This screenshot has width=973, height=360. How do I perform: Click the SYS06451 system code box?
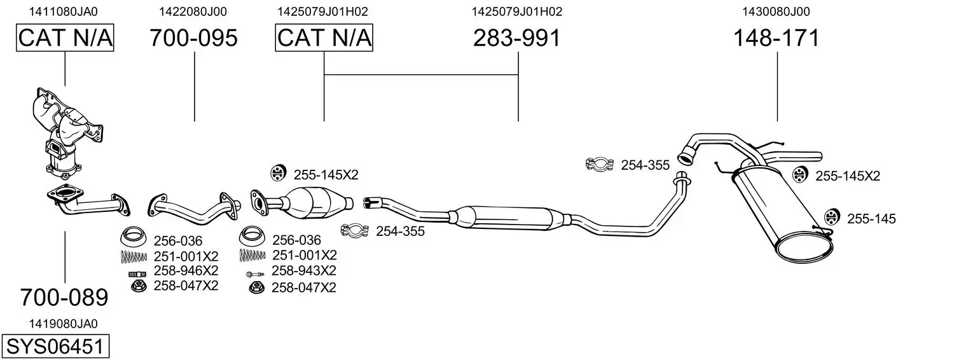click(x=55, y=346)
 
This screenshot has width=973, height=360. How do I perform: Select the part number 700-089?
click(x=64, y=298)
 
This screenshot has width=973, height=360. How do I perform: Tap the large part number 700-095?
click(x=194, y=38)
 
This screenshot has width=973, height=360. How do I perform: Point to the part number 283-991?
click(x=517, y=38)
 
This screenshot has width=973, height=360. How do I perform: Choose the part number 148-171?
click(x=776, y=38)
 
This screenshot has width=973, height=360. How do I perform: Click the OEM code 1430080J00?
click(x=776, y=11)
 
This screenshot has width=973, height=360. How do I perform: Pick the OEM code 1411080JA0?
click(x=64, y=11)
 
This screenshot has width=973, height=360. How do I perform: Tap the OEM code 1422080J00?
click(x=193, y=11)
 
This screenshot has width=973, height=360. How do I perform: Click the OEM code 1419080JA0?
click(x=64, y=324)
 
